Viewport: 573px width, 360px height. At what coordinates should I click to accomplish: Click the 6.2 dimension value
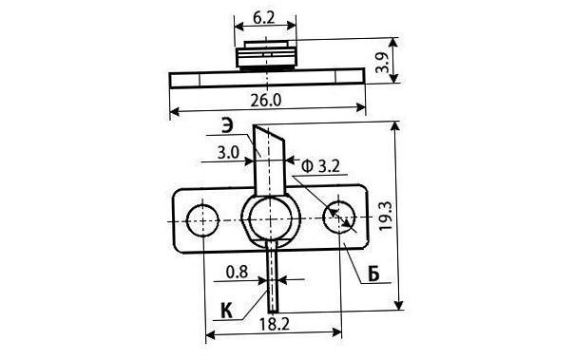(263, 17)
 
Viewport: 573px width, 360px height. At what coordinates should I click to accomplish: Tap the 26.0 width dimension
(266, 100)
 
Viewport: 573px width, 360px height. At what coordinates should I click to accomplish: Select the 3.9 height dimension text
(383, 62)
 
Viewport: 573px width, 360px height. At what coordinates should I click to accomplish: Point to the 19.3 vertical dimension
(386, 217)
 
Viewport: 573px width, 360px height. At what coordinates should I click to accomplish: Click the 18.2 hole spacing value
(274, 324)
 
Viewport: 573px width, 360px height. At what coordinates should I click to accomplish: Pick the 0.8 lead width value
(237, 272)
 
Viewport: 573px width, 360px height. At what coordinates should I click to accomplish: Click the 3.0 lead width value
(228, 153)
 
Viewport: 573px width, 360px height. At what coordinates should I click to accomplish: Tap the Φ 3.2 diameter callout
(321, 166)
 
